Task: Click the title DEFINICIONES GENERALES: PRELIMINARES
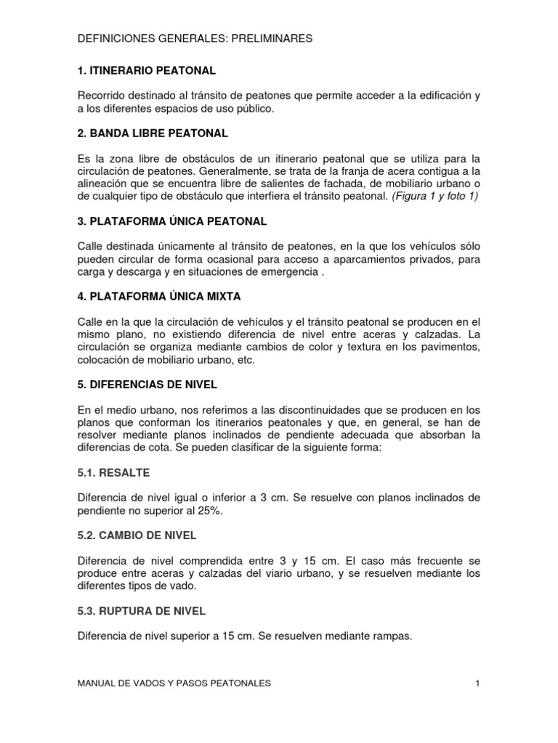(x=195, y=38)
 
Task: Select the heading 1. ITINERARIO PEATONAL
(x=146, y=70)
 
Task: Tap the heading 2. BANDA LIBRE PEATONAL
(x=153, y=134)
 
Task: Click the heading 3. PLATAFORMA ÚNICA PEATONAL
(x=172, y=221)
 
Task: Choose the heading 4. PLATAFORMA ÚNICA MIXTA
(x=158, y=297)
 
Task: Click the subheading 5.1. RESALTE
(x=113, y=472)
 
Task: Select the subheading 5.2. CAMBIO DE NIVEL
(x=137, y=535)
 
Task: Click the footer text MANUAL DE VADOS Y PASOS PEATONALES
(x=174, y=683)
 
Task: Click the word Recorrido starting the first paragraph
(x=102, y=96)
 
